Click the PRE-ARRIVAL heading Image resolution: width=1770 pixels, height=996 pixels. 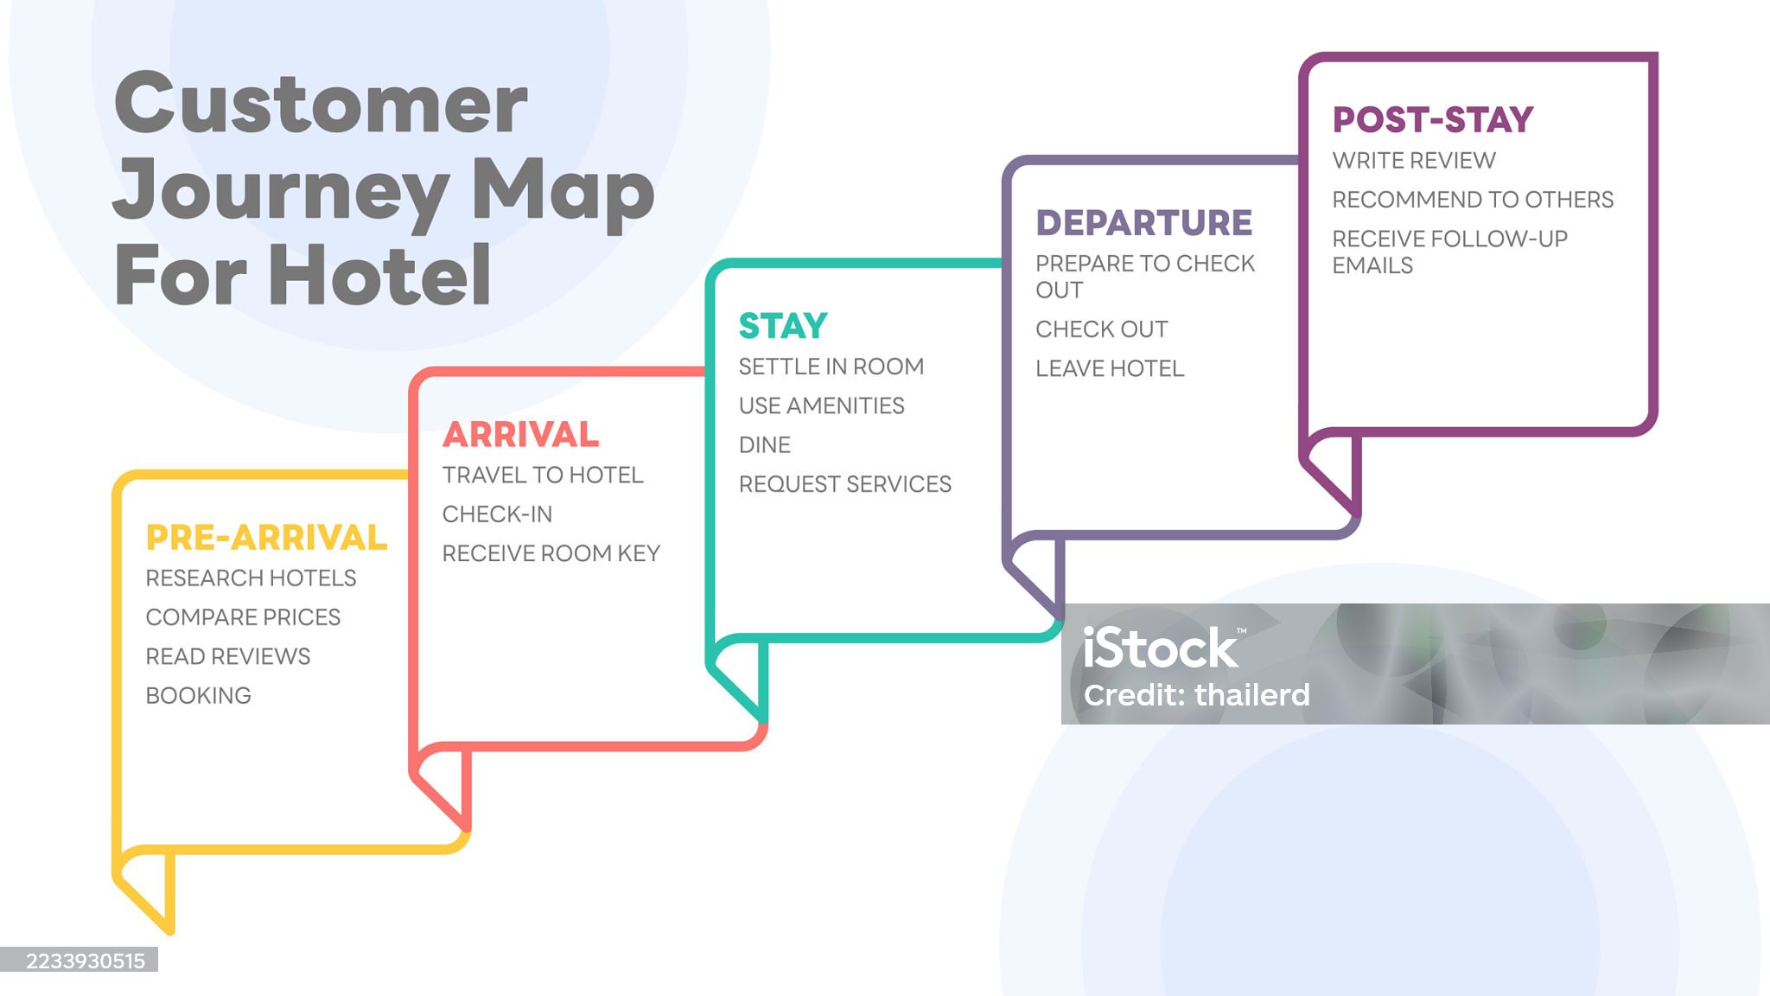266,538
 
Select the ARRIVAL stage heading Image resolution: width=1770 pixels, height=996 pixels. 520,435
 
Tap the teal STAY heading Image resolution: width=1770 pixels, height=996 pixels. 783,326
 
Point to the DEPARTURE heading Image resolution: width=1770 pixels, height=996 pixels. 1143,223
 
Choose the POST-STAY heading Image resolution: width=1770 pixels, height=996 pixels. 1433,120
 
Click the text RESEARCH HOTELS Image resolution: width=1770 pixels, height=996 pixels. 251,578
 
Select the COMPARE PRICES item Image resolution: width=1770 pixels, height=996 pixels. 243,617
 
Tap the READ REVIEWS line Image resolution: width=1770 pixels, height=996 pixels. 227,656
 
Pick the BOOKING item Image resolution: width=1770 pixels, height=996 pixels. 198,696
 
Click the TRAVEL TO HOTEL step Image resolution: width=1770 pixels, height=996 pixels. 543,476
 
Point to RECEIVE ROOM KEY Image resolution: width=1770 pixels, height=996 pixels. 551,553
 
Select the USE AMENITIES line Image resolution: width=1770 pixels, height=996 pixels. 821,405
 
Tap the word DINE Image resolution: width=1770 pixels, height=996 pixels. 765,445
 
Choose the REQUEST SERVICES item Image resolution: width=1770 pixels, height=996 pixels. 845,484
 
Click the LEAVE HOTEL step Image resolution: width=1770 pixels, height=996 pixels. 1110,369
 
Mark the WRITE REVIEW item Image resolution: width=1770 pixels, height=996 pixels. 1414,161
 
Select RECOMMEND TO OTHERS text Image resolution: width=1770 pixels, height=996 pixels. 1473,200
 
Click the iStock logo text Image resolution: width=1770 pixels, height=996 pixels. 1161,648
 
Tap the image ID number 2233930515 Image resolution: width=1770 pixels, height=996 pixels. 85,961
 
